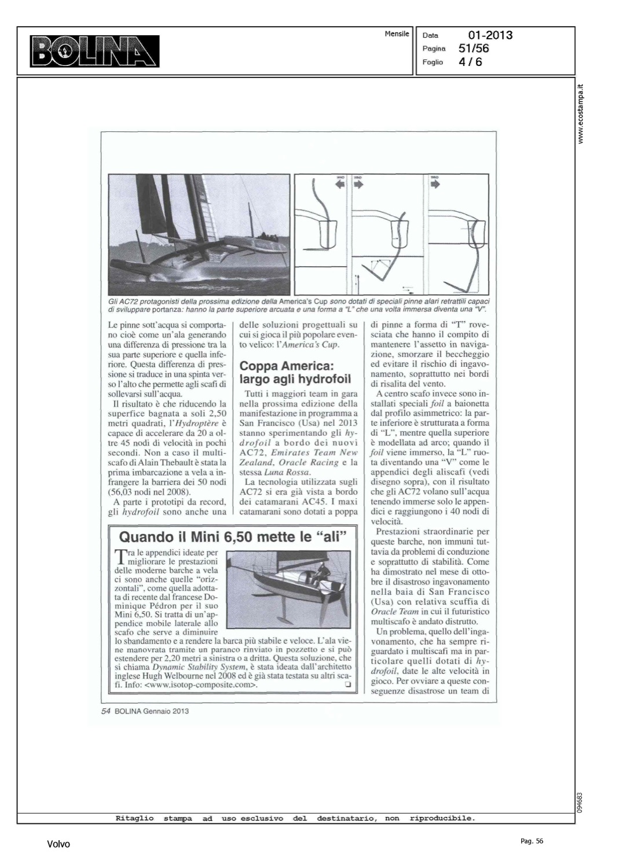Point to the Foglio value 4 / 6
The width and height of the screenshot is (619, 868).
click(x=470, y=62)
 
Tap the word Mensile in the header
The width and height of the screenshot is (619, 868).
click(x=397, y=34)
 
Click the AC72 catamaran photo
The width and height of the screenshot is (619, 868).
click(x=199, y=234)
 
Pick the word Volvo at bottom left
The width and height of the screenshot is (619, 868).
click(x=58, y=844)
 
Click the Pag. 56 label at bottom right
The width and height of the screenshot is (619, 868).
click(x=532, y=841)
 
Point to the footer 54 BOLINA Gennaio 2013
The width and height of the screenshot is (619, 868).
click(x=145, y=711)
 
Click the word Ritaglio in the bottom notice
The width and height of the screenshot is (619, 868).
click(x=135, y=818)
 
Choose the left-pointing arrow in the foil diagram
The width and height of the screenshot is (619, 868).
click(x=339, y=184)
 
